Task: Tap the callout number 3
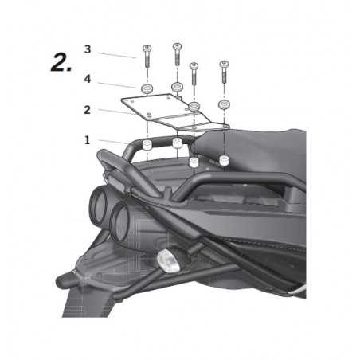[88, 49]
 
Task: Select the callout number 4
[88, 80]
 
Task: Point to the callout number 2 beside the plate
[88, 110]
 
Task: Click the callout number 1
[87, 140]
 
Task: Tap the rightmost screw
[224, 72]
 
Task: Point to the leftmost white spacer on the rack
[147, 145]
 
